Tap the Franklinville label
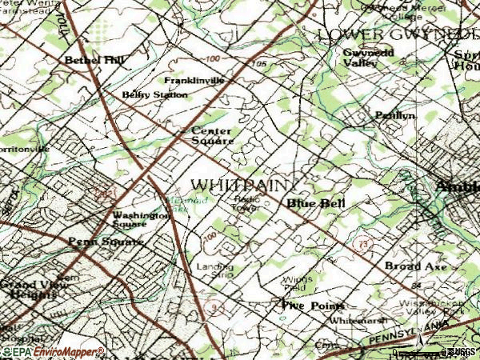[x=194, y=82]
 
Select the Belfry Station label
[x=155, y=94]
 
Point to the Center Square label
[x=212, y=136]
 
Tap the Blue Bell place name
[x=316, y=204]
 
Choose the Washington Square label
[x=140, y=219]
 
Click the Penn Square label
[x=106, y=242]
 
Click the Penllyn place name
[x=395, y=115]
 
